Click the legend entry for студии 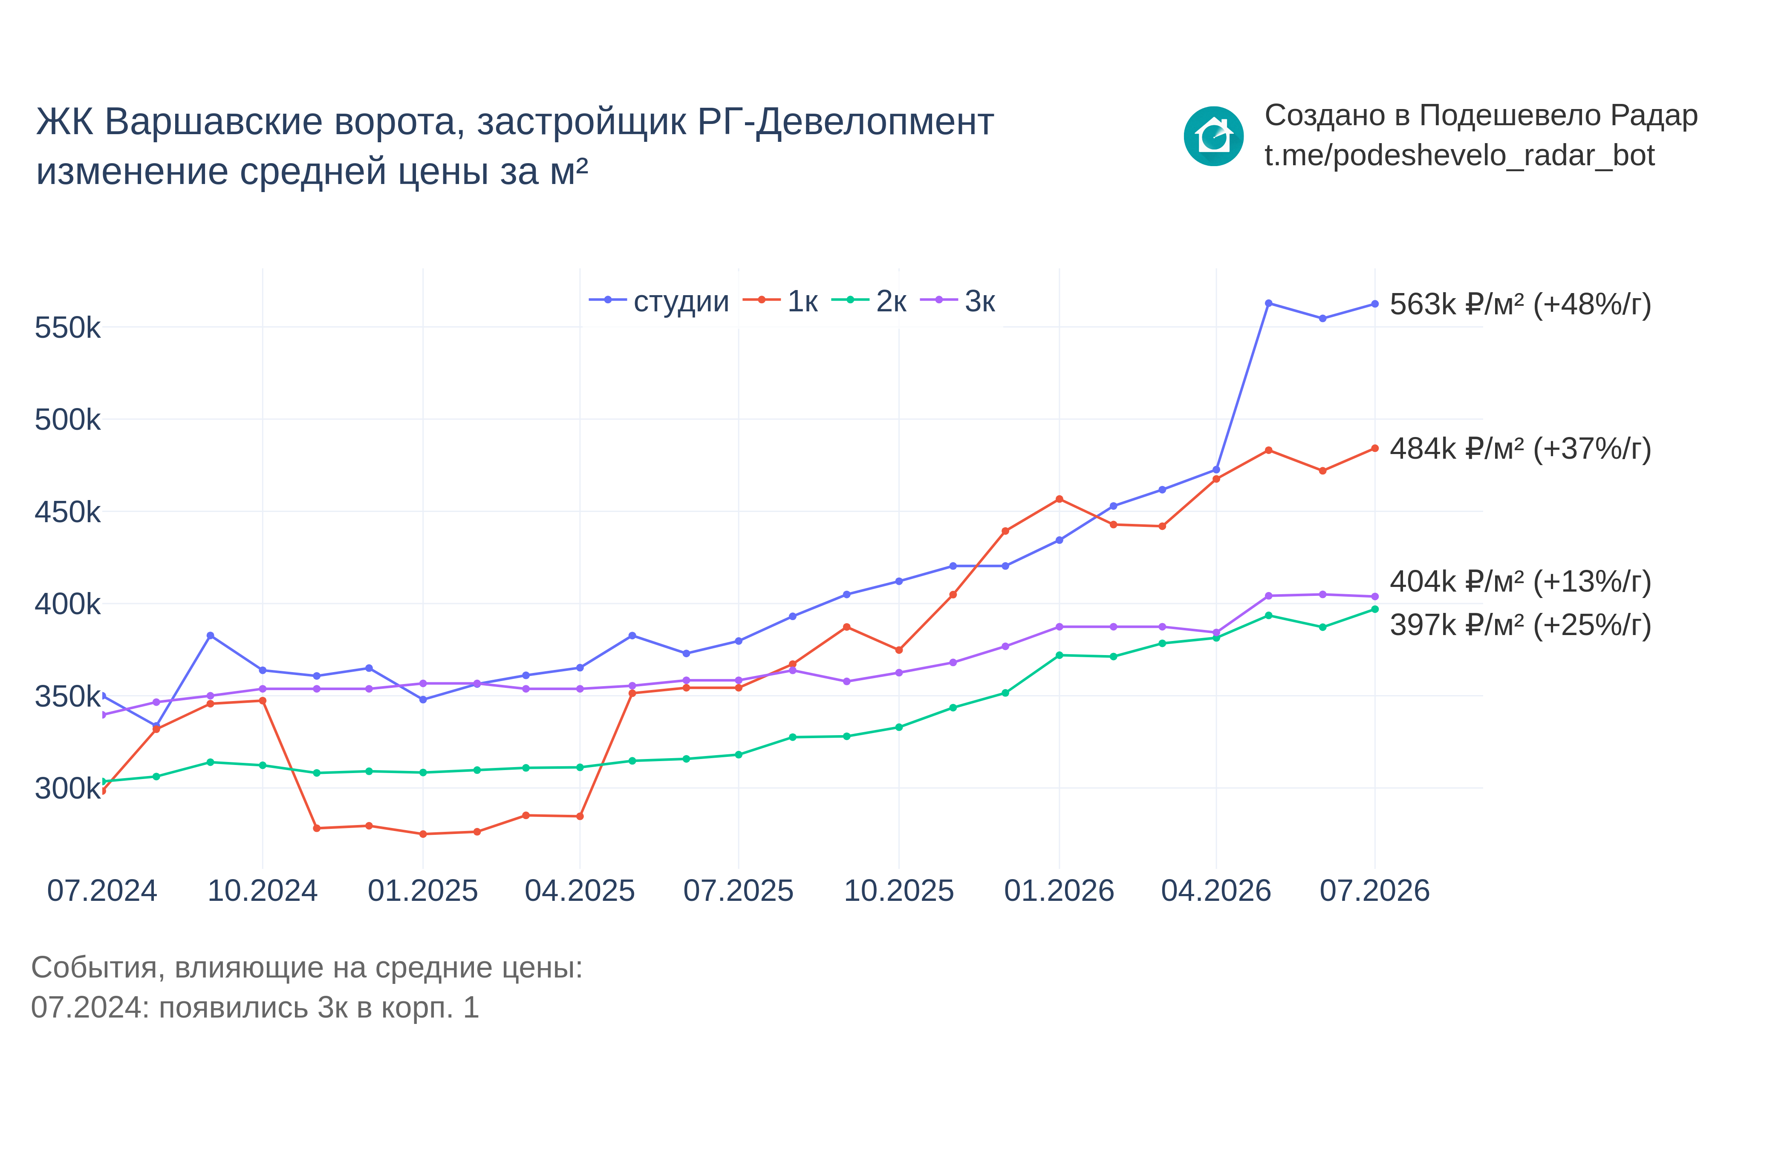(659, 301)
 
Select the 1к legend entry (781, 301)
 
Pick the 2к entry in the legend (869, 301)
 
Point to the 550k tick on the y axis (67, 328)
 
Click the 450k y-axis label (67, 512)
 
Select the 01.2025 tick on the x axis (423, 891)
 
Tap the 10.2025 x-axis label (899, 891)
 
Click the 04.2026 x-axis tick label (1216, 891)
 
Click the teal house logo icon (1214, 136)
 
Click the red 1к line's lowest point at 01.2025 (423, 834)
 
